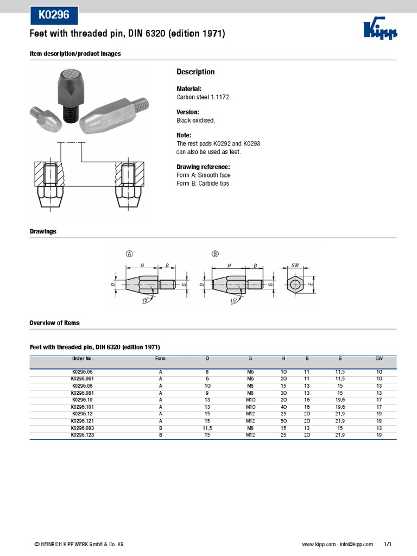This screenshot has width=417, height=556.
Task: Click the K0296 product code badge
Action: pyautogui.click(x=54, y=16)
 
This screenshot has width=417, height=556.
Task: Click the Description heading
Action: pyautogui.click(x=195, y=72)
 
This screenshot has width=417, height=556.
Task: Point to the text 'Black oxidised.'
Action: pyautogui.click(x=196, y=120)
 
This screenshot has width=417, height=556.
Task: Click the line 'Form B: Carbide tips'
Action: pyautogui.click(x=203, y=184)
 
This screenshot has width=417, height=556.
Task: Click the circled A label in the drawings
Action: pyautogui.click(x=129, y=254)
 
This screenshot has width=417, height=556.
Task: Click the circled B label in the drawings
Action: pyautogui.click(x=215, y=254)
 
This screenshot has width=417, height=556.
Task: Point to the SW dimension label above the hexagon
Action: pyautogui.click(x=295, y=265)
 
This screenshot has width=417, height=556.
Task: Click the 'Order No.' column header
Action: pyautogui.click(x=83, y=359)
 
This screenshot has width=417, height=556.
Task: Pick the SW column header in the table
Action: pyautogui.click(x=378, y=359)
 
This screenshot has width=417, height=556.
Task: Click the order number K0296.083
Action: pyautogui.click(x=83, y=428)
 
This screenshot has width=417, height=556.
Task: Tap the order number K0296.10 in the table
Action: pyautogui.click(x=83, y=400)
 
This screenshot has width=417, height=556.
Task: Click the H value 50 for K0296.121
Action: pyautogui.click(x=283, y=421)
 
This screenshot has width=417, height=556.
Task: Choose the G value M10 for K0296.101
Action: pyautogui.click(x=250, y=407)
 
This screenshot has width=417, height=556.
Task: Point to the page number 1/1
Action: pyautogui.click(x=388, y=544)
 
